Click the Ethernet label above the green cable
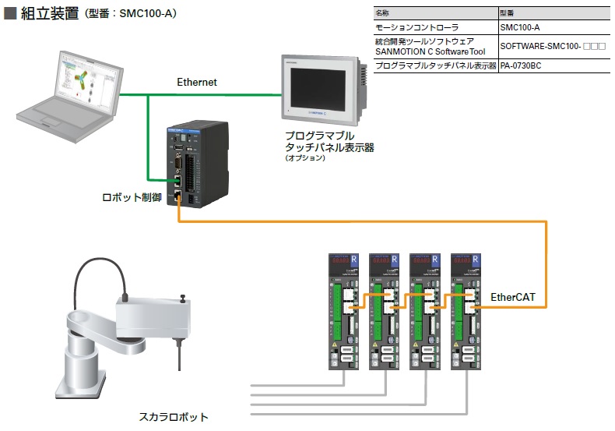(197, 82)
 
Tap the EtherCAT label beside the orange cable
(514, 297)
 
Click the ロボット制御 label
(132, 198)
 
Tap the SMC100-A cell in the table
(519, 27)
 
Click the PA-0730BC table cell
(521, 66)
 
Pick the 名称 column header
(382, 13)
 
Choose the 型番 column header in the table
(507, 13)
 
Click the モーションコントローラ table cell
(412, 27)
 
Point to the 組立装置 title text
(49, 12)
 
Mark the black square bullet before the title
(11, 12)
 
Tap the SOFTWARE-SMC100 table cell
(553, 47)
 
